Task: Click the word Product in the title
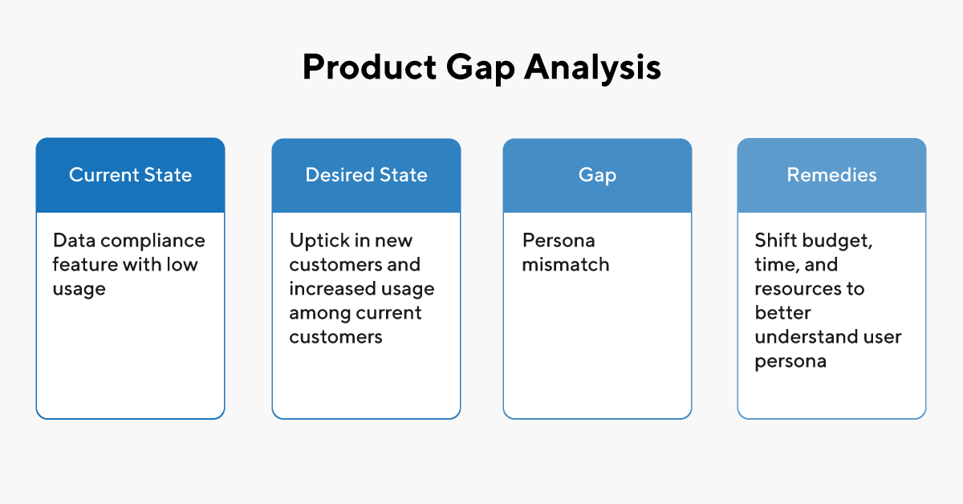pyautogui.click(x=366, y=68)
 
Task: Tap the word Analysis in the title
pyautogui.click(x=593, y=68)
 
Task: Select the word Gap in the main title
pyautogui.click(x=478, y=68)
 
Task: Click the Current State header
pyautogui.click(x=130, y=175)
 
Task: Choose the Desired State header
pyautogui.click(x=366, y=175)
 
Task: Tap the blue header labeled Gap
pyautogui.click(x=597, y=175)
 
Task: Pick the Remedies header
pyautogui.click(x=831, y=175)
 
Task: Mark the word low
pyautogui.click(x=181, y=265)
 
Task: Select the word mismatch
pyautogui.click(x=566, y=265)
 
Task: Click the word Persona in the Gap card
pyautogui.click(x=559, y=241)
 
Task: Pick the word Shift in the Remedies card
pyautogui.click(x=774, y=241)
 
